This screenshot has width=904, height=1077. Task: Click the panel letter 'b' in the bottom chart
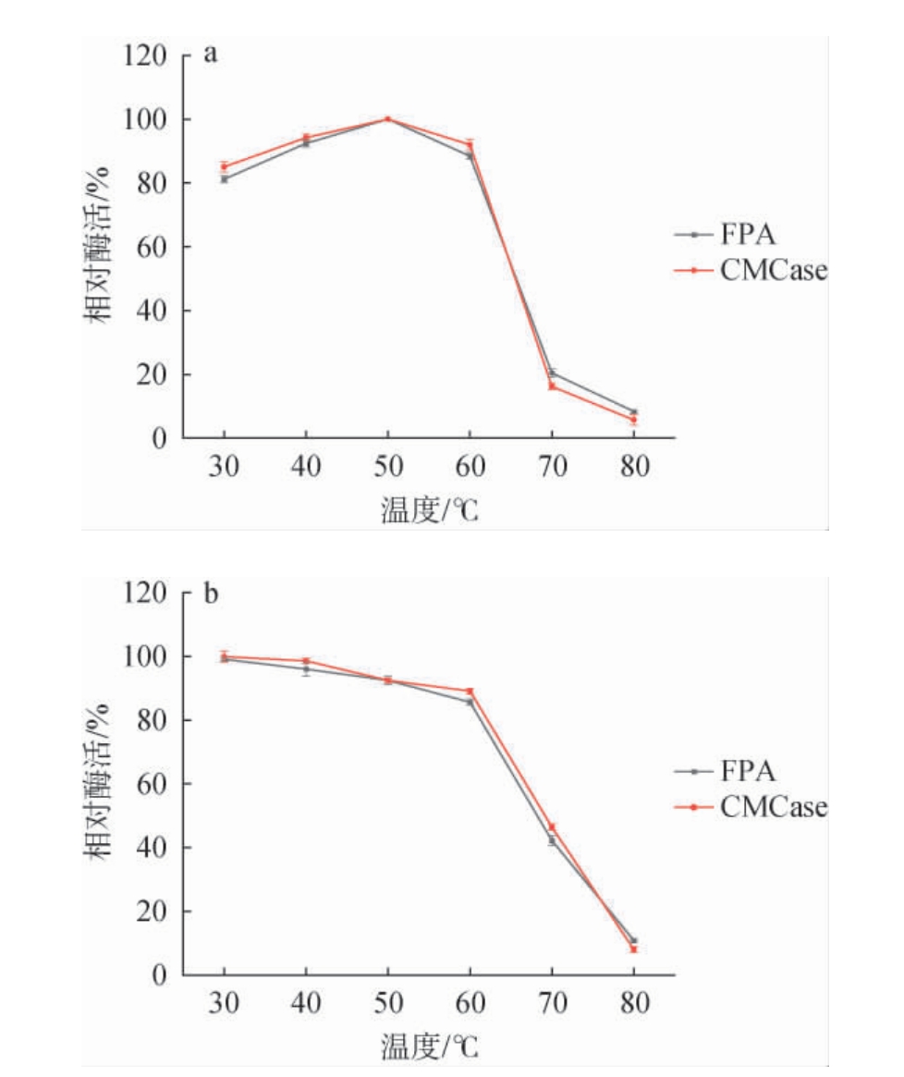pyautogui.click(x=211, y=592)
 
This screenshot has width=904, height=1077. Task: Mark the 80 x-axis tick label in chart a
pyautogui.click(x=633, y=465)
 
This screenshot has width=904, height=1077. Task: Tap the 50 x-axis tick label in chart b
pyautogui.click(x=387, y=1002)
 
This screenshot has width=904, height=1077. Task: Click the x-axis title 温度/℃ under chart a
pyautogui.click(x=429, y=509)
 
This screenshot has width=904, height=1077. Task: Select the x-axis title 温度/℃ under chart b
pyautogui.click(x=429, y=1046)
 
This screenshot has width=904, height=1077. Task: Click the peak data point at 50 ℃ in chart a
pyautogui.click(x=387, y=119)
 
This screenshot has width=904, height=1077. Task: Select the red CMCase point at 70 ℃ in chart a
pyautogui.click(x=552, y=386)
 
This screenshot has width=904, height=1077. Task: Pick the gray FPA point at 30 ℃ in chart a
pyautogui.click(x=224, y=179)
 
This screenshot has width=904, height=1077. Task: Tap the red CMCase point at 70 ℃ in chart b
pyautogui.click(x=552, y=827)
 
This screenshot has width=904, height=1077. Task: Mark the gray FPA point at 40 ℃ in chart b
pyautogui.click(x=306, y=669)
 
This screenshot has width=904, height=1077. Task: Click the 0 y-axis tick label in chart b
pyautogui.click(x=159, y=975)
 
